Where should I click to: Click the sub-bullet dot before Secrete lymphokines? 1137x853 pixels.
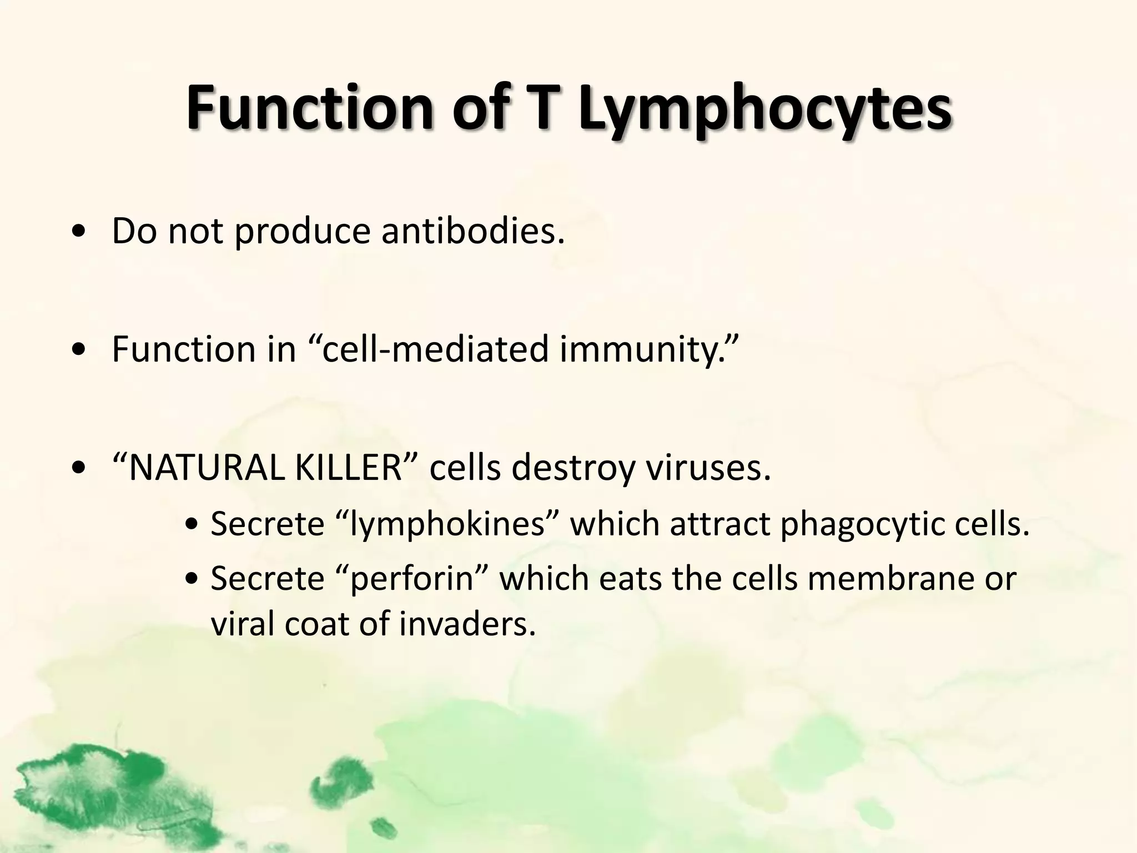click(193, 525)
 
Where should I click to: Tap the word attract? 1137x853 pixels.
click(720, 524)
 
